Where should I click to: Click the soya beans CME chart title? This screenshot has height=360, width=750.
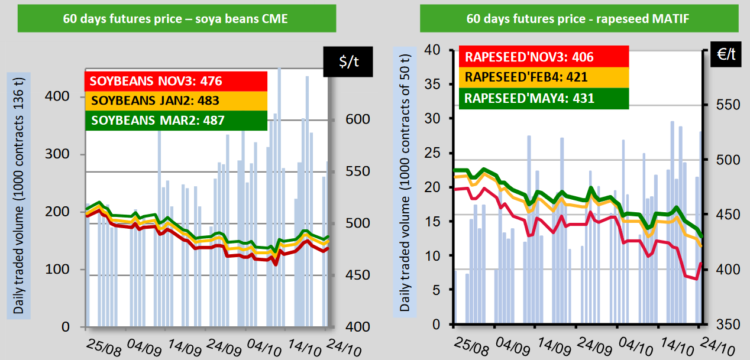[176, 18]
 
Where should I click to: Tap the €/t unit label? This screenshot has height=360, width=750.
[725, 54]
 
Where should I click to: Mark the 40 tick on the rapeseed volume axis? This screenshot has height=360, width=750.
[434, 50]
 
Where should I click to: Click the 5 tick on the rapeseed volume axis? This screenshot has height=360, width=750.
[437, 290]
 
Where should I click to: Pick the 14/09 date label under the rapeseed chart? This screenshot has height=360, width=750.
[556, 344]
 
